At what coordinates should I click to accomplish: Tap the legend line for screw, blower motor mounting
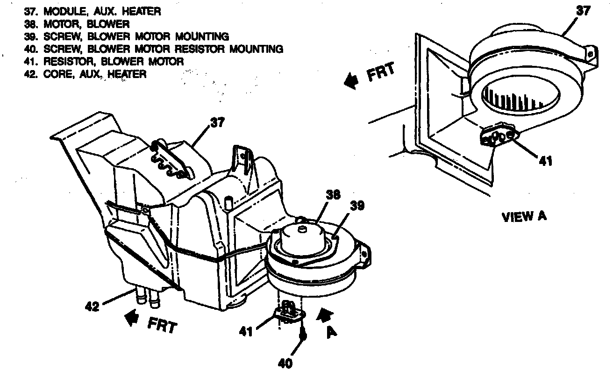[x=127, y=36]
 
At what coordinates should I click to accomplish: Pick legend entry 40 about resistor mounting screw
[x=154, y=49]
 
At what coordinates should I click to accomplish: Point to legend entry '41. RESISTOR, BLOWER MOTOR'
[x=104, y=61]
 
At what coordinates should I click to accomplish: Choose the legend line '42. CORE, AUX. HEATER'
[x=86, y=74]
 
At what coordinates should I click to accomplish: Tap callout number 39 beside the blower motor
[x=357, y=206]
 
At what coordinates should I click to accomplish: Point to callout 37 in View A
[x=583, y=11]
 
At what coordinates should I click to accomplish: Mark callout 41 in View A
[x=545, y=161]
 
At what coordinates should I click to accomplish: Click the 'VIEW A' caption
[x=524, y=217]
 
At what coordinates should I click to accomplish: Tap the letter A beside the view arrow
[x=332, y=333]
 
